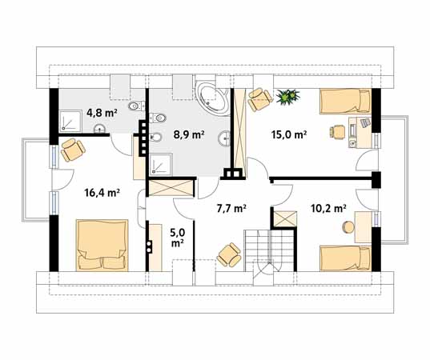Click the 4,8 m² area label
(x=102, y=113)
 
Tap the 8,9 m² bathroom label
(x=189, y=134)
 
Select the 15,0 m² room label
(x=289, y=134)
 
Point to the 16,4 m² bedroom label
(x=102, y=193)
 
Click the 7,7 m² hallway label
(x=231, y=209)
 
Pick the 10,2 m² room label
(x=328, y=209)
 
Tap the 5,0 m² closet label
(x=178, y=238)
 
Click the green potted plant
(x=287, y=96)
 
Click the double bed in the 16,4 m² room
(x=102, y=245)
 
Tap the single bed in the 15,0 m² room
(x=345, y=101)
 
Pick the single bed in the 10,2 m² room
(x=345, y=258)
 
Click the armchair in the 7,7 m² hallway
(x=229, y=254)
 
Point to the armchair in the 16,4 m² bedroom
(x=73, y=150)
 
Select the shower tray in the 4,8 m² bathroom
(x=70, y=120)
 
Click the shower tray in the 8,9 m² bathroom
(x=161, y=164)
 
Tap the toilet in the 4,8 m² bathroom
(x=136, y=106)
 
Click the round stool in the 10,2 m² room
(x=349, y=227)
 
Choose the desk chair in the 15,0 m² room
(x=337, y=132)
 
